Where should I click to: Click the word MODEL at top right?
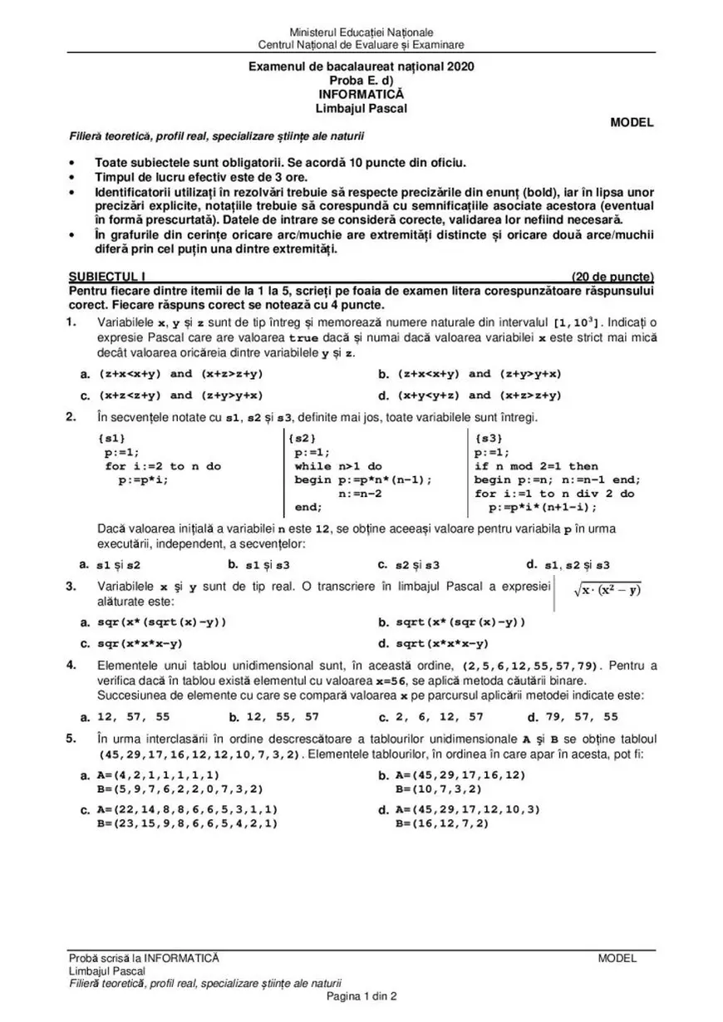632,122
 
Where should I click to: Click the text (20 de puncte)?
612,277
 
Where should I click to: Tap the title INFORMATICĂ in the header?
361,95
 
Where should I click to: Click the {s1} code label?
111,437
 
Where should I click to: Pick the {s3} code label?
489,437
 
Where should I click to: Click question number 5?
73,738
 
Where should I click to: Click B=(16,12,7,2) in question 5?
442,823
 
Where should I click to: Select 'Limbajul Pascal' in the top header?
361,108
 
